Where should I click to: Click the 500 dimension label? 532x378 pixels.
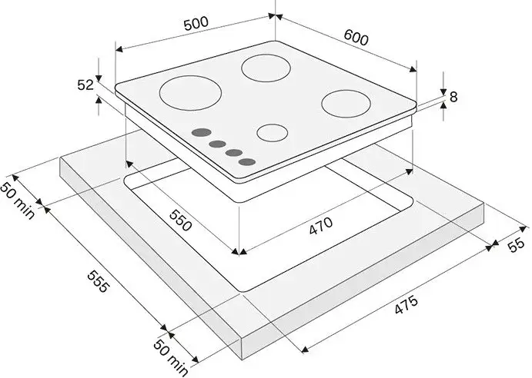click(x=196, y=23)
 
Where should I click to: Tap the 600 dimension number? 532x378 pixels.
click(x=356, y=37)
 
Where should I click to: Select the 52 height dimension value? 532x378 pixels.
click(x=85, y=85)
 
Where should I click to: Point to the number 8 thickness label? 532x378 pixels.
click(x=453, y=97)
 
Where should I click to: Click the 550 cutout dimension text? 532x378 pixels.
click(x=181, y=220)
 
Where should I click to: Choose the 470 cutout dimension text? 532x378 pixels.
click(x=321, y=226)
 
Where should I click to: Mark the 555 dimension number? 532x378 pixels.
click(x=99, y=280)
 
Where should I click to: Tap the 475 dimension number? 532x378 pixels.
click(x=407, y=305)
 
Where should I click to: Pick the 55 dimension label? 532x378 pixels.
click(x=517, y=245)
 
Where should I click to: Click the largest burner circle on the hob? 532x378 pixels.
click(x=190, y=92)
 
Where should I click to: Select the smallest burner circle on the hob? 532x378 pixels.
click(x=273, y=132)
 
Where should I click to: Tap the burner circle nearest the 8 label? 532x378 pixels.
click(x=346, y=104)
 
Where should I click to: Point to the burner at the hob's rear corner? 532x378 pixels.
click(x=266, y=68)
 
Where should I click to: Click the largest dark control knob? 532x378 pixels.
click(x=202, y=132)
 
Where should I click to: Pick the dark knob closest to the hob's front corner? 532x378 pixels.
click(x=247, y=162)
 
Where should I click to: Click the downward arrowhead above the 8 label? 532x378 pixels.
click(x=443, y=91)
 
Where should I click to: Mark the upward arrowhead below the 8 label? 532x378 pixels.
click(x=443, y=106)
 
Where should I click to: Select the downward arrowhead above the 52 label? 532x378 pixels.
click(x=98, y=78)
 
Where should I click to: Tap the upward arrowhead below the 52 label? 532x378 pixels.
click(x=98, y=100)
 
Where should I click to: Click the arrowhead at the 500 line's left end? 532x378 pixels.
click(x=119, y=49)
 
